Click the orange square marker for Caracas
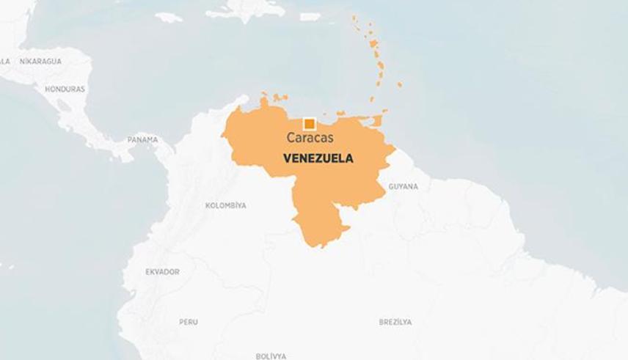click(309, 124)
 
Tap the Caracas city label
click(310, 138)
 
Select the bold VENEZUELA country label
click(318, 158)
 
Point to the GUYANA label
click(403, 187)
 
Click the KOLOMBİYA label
click(225, 206)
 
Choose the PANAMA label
click(142, 139)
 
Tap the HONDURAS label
click(65, 89)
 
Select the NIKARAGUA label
click(40, 62)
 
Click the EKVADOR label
click(162, 272)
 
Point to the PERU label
click(189, 322)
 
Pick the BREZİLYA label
click(395, 322)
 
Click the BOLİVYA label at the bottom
click(271, 356)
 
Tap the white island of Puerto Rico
click(310, 16)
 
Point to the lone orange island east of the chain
click(399, 84)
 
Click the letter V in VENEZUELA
click(287, 158)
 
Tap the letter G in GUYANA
click(391, 187)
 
